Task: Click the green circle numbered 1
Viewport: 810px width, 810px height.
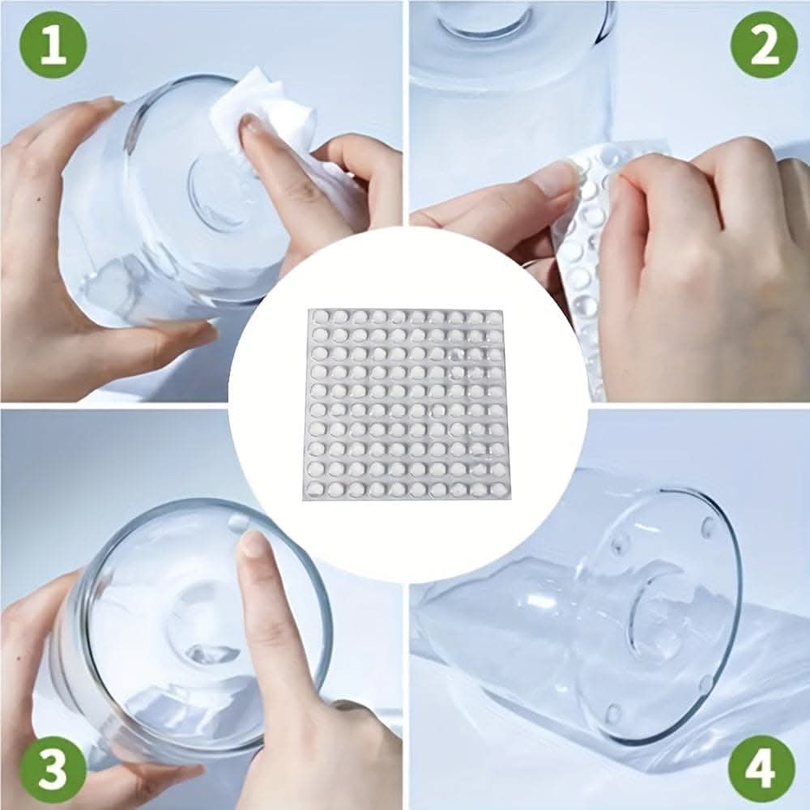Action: click(53, 45)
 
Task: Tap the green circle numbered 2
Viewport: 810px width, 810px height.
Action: click(764, 45)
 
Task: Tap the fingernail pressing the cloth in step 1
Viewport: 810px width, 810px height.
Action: click(252, 126)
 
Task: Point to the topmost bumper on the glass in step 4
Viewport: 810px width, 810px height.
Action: click(706, 525)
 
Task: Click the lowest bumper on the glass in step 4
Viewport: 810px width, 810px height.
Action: click(613, 713)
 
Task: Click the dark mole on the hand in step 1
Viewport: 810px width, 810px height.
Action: click(40, 198)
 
